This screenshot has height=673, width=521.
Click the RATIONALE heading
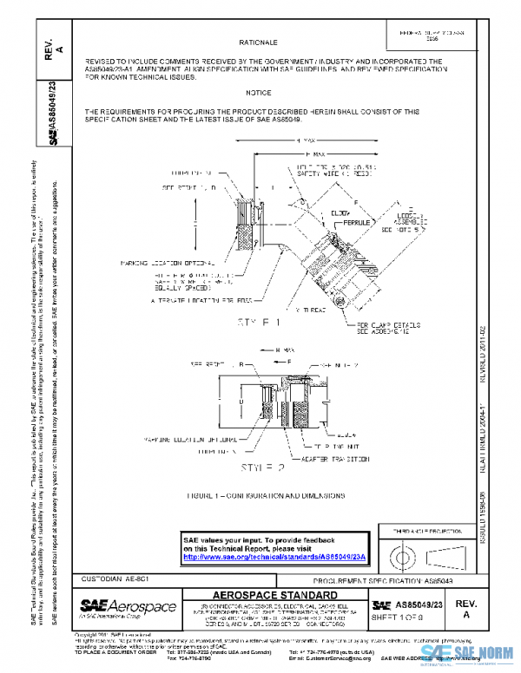(x=258, y=42)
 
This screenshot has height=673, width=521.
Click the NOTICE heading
(x=258, y=92)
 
